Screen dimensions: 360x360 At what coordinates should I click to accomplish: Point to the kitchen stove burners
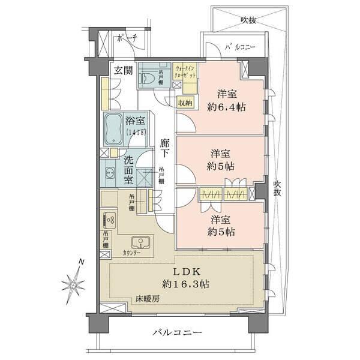110,220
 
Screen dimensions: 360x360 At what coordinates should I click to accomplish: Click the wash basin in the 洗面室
110,175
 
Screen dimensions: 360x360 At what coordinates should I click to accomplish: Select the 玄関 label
124,69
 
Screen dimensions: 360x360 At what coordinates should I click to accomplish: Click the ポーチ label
128,37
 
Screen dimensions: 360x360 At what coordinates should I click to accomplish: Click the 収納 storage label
185,103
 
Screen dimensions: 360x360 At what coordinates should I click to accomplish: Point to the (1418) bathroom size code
136,133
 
